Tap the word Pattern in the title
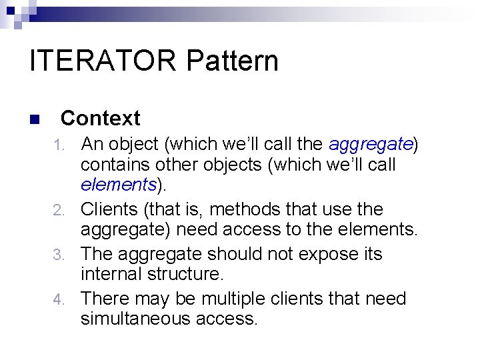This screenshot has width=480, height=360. coord(233,61)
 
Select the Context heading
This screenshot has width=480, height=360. coord(100,119)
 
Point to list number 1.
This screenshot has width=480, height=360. coord(59,144)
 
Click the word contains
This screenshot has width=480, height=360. coord(115,165)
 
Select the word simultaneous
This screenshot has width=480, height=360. coord(135,319)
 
